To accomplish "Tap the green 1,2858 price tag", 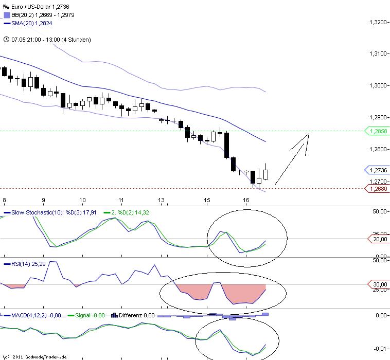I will pos(378,131).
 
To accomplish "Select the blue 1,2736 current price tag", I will pos(378,170).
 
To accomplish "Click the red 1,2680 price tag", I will pos(378,189).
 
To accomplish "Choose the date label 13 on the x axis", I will pos(161,200).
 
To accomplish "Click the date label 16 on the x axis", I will pos(246,200).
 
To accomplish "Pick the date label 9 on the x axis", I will pos(43,200).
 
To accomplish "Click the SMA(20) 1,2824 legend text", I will pos(31,23).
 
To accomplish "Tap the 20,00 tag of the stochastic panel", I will pos(379,239).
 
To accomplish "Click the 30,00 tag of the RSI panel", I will pos(379,284).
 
